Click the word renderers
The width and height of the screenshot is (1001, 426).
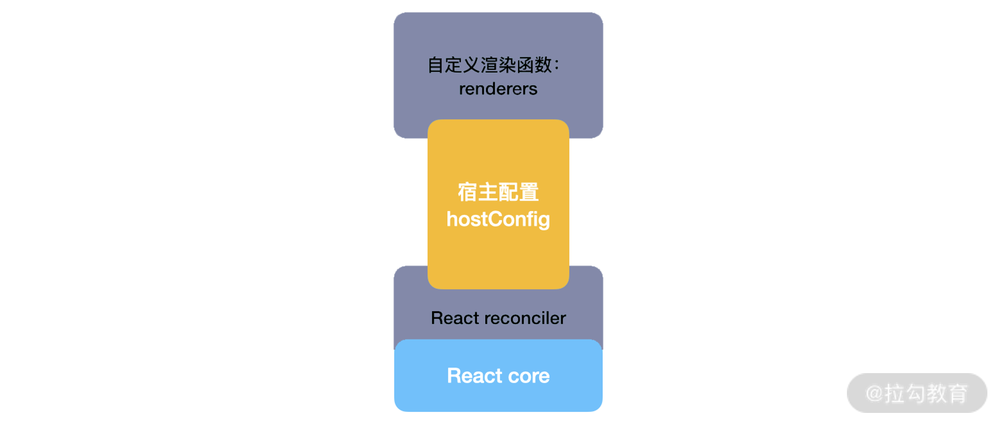[x=498, y=89]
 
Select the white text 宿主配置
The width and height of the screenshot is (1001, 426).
[x=498, y=192]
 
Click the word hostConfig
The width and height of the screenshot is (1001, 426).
[x=498, y=220]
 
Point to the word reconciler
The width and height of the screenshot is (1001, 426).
[x=525, y=318]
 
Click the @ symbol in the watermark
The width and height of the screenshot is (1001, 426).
[x=874, y=393]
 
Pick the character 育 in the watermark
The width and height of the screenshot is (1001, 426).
[x=958, y=393]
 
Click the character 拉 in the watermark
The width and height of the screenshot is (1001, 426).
[x=894, y=393]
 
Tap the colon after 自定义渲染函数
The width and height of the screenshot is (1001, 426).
[x=556, y=65]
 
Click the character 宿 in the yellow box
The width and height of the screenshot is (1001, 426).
[x=467, y=192]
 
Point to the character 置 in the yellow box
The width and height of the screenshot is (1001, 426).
[x=529, y=192]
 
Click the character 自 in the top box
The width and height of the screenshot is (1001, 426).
[x=436, y=65]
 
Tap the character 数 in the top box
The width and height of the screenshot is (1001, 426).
[x=543, y=65]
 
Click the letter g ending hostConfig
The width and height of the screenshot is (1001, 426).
[x=543, y=221]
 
